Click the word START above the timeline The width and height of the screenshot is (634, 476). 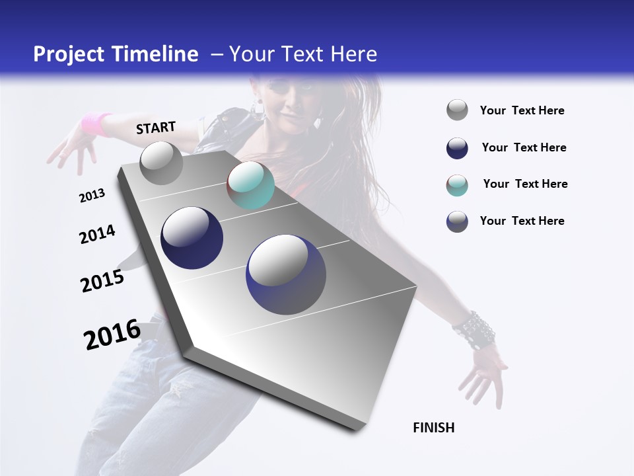pos(156,128)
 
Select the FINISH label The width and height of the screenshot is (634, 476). pos(433,428)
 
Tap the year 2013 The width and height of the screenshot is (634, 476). pos(92,196)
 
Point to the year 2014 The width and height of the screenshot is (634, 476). pos(97,235)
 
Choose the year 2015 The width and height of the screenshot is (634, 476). pos(102,281)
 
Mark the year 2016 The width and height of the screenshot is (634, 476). pos(112,335)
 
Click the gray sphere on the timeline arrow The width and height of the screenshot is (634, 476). pos(161,163)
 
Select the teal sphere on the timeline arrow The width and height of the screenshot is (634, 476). pos(250,186)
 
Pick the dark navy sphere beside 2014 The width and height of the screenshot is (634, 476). pos(192,238)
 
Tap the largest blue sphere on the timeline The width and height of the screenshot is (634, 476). pos(286,274)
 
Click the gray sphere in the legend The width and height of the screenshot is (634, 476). pos(457,110)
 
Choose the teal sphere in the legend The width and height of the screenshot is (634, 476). pos(457,184)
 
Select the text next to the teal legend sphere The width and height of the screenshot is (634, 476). pos(525,184)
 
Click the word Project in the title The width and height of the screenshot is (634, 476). pos(68,54)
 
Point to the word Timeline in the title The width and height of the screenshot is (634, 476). pos(156,54)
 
